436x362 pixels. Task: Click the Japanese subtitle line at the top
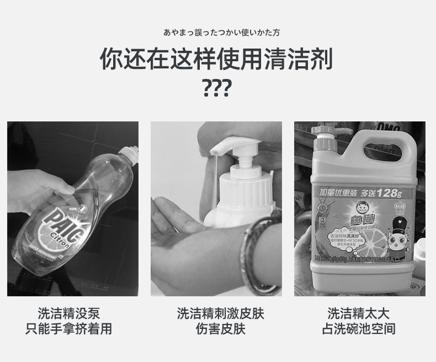click(x=217, y=33)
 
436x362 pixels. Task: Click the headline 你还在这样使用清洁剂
click(x=217, y=58)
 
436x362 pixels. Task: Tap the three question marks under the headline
click(x=217, y=88)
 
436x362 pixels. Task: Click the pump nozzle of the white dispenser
click(x=221, y=148)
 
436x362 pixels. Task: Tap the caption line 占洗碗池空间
click(x=359, y=329)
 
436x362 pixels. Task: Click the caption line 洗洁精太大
click(x=359, y=313)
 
